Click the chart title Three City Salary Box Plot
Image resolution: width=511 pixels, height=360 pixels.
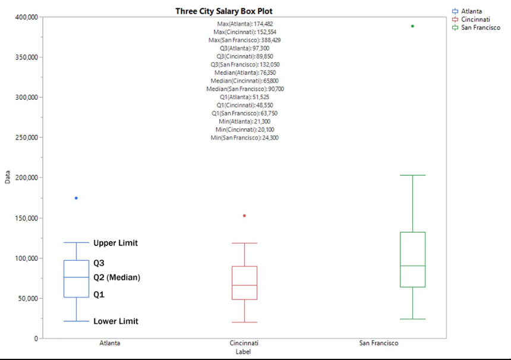(224, 11)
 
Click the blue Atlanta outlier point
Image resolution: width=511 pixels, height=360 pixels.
(76, 198)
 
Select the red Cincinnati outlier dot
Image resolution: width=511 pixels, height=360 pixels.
(244, 216)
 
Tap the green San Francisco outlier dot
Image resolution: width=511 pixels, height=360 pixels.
(412, 26)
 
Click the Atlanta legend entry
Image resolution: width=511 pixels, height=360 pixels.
(470, 11)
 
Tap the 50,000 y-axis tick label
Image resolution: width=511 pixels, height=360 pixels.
(27, 298)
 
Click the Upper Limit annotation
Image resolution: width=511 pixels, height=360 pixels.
(115, 243)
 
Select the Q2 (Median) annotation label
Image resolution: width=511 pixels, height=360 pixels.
(116, 277)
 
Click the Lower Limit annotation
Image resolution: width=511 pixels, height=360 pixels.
(115, 321)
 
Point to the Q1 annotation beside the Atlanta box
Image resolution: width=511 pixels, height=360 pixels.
(99, 295)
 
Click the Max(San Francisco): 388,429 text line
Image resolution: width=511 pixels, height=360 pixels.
(245, 40)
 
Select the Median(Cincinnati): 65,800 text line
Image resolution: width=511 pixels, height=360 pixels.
(245, 81)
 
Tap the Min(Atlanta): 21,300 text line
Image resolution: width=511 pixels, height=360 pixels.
(245, 121)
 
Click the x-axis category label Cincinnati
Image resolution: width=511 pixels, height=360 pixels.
(244, 343)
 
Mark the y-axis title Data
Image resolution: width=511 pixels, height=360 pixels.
(8, 177)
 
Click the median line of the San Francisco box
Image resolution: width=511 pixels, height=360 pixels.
(412, 266)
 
